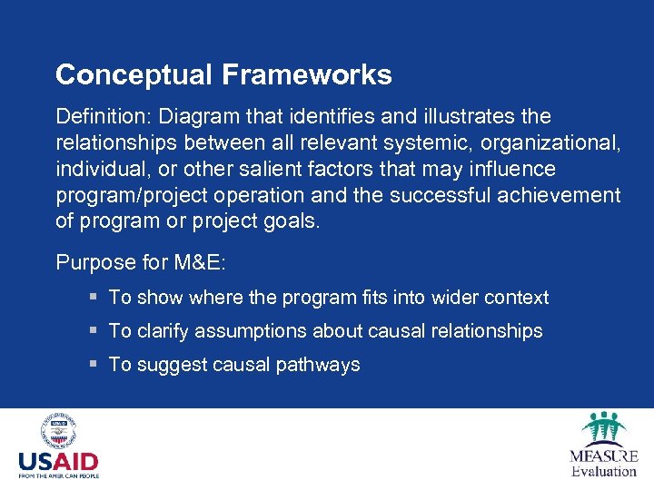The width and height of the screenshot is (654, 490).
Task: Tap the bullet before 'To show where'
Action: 94,297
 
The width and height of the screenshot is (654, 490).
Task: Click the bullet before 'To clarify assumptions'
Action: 94,330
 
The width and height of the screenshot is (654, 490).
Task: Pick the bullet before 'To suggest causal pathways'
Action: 94,364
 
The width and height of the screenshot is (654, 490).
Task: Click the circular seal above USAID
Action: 58,431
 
